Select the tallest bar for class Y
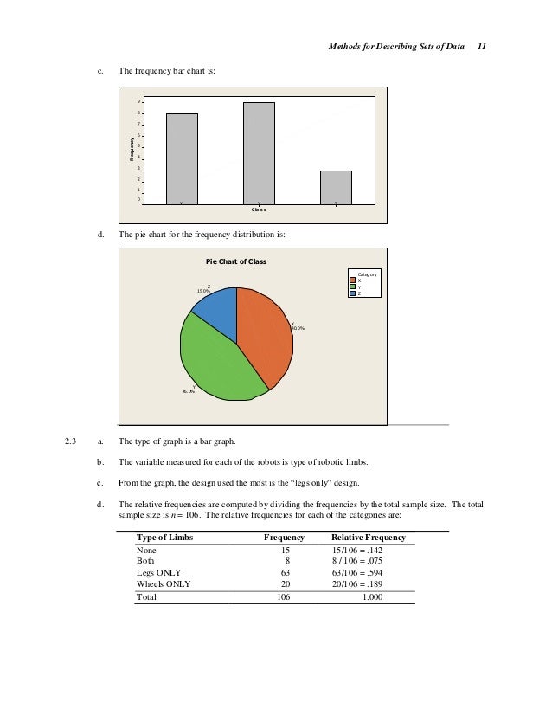tap(259, 152)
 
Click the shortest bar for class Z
tap(336, 186)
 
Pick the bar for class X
tap(182, 158)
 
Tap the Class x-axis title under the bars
tap(259, 209)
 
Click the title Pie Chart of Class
tap(235, 261)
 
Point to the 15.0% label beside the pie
tap(204, 292)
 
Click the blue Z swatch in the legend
tap(353, 293)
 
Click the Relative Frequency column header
tap(369, 538)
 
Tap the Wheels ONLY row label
tap(164, 583)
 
